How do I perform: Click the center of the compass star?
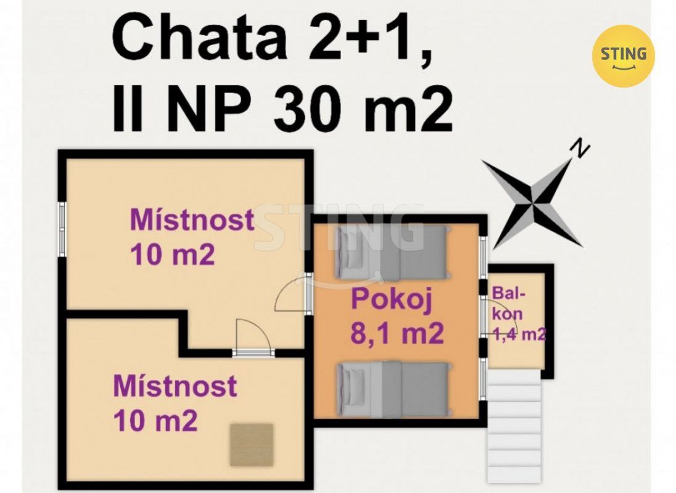pos(533,200)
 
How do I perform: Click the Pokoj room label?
pos(392,300)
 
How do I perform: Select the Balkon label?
pos(509,304)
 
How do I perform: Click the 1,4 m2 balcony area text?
pos(519,334)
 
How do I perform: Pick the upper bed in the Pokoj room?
pos(392,253)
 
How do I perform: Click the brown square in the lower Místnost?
pos(252,445)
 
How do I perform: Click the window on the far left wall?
pos(62,230)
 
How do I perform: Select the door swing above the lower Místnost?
pos(253,336)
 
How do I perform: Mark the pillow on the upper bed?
pos(349,253)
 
